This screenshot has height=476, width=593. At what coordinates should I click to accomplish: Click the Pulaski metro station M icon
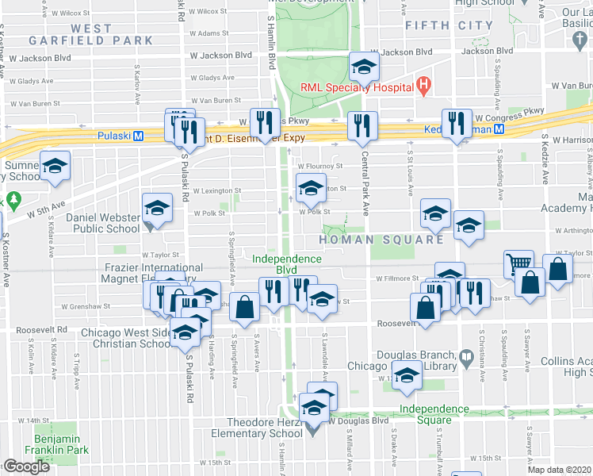click(x=138, y=136)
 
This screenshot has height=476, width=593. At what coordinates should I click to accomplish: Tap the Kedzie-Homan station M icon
click(x=499, y=129)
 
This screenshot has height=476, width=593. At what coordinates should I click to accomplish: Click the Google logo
click(x=26, y=466)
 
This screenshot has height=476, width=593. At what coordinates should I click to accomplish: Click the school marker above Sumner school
click(x=55, y=167)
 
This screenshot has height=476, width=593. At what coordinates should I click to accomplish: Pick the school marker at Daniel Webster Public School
click(x=157, y=209)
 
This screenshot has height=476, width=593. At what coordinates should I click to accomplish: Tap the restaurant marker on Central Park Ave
click(x=362, y=125)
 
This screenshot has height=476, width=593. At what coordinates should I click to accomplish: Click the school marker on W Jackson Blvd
click(x=363, y=67)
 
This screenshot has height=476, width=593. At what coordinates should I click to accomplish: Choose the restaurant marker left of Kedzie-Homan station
click(x=457, y=123)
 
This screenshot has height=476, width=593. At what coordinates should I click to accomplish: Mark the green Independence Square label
click(x=434, y=413)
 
